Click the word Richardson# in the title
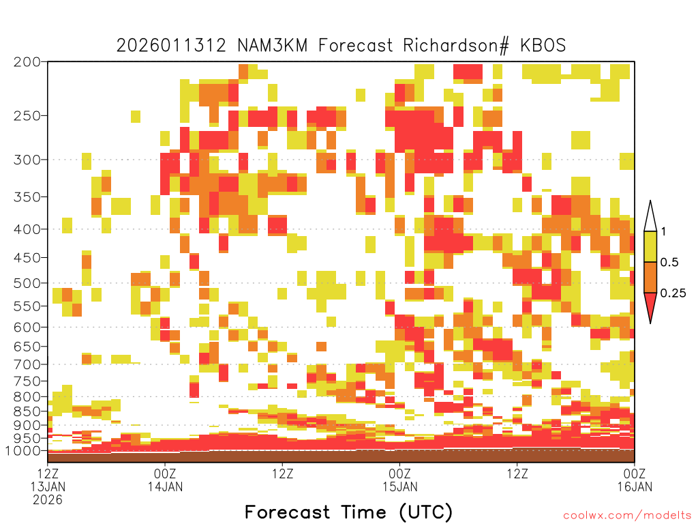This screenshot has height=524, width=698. coord(456,46)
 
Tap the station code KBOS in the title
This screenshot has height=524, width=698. coord(543,46)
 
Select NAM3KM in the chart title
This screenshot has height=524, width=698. coord(273,46)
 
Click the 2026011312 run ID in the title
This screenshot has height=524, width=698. coord(171,46)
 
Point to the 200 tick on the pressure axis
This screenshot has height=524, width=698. coord(27,62)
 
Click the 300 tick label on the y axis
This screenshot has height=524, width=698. coord(27,160)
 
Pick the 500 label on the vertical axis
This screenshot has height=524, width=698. coord(27,283)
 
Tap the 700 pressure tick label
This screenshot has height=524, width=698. coord(27,364)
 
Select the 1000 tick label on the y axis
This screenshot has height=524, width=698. coord(23,451)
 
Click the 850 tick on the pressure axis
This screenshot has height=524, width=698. coord(27,411)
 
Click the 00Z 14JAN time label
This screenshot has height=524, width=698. coord(165,480)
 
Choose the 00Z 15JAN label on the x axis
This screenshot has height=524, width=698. coord(399,480)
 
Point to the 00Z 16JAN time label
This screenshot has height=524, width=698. coord(635,480)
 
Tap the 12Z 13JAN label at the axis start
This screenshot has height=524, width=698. coord(48,486)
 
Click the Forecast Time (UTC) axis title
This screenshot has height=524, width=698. coord(348,512)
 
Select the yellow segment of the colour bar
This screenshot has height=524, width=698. coord(650,246)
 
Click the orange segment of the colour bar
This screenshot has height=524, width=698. coord(650,277)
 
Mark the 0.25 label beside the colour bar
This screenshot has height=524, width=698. coord(673,293)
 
